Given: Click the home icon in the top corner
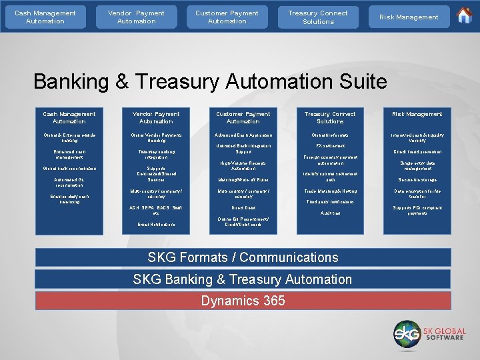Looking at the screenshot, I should [x=464, y=15].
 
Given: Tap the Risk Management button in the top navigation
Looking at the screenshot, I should [x=409, y=17].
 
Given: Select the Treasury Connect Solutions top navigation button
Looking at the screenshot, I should [x=318, y=17].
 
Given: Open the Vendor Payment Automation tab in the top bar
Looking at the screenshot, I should [x=136, y=17].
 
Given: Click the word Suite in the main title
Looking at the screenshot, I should [x=359, y=81].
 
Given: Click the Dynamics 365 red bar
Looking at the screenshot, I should [x=243, y=301].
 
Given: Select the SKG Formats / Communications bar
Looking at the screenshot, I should [x=243, y=257].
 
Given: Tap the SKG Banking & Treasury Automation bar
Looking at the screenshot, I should [x=243, y=279].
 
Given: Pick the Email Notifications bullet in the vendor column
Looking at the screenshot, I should [x=156, y=225].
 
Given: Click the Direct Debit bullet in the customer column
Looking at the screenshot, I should [x=243, y=208].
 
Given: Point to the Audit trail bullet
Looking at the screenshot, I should [x=330, y=213].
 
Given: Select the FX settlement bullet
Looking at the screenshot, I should [x=330, y=145].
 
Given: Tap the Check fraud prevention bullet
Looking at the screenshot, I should [x=417, y=151].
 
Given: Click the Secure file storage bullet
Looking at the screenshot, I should [x=417, y=179].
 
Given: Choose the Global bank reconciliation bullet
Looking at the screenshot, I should [x=69, y=169].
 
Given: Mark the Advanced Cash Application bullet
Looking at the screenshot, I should [x=243, y=135].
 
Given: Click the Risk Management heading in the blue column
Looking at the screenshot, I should [x=417, y=114].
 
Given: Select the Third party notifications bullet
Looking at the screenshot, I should [x=330, y=201].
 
